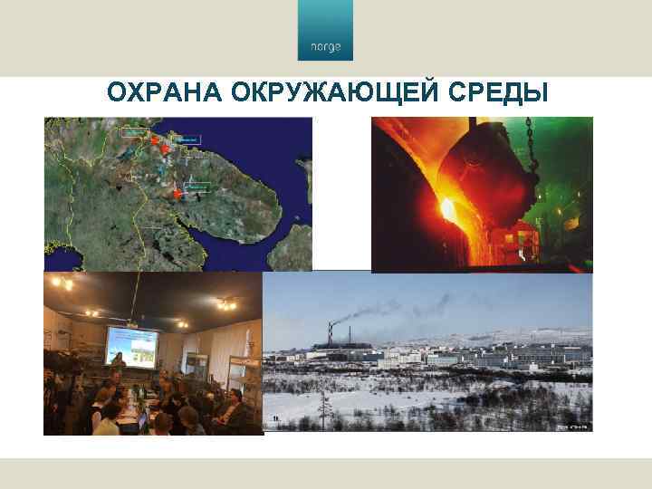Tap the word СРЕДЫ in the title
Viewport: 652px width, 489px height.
click(503, 93)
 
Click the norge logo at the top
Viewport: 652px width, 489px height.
click(326, 36)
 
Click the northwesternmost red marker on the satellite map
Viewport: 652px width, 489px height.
click(155, 139)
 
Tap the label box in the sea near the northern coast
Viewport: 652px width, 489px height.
click(187, 139)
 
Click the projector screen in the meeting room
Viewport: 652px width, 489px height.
click(131, 346)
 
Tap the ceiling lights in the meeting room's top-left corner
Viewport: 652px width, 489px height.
click(62, 283)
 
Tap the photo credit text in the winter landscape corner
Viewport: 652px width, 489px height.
click(571, 425)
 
